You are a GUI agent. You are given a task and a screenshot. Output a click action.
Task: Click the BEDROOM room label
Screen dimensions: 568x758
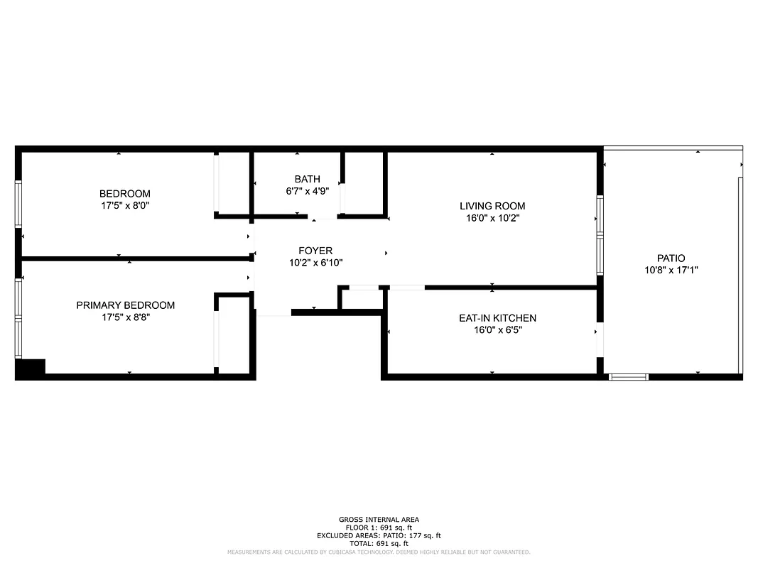[125, 194]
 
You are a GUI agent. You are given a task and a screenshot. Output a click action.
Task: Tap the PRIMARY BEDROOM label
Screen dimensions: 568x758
[125, 305]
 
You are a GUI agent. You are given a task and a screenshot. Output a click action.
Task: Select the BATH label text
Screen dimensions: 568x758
[307, 179]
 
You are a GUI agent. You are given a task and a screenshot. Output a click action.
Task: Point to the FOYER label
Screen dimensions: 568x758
[315, 251]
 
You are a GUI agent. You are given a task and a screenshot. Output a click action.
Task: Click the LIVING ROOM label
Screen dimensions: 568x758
[492, 206]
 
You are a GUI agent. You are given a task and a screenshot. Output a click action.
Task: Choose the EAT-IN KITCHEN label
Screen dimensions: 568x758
[497, 318]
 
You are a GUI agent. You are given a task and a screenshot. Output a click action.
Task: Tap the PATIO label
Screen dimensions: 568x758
[671, 258]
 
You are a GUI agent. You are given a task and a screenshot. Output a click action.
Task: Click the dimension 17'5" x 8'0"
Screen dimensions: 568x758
[125, 205]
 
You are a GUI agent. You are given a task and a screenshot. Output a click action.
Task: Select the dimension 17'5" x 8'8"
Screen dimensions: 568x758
[125, 317]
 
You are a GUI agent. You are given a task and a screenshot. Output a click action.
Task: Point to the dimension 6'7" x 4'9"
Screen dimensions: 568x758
[307, 191]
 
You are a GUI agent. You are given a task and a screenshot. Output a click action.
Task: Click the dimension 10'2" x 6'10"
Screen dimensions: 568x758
[315, 263]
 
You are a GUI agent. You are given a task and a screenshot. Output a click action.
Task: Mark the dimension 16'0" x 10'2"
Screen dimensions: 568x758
[492, 218]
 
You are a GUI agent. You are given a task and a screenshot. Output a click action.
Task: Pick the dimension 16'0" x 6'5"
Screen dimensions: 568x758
[497, 330]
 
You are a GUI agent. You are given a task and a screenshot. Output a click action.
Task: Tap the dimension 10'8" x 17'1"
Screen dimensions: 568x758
[671, 271]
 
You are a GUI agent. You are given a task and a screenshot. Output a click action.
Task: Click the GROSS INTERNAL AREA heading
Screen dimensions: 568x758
[379, 520]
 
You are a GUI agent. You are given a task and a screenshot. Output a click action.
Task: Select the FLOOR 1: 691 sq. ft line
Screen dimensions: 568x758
[379, 528]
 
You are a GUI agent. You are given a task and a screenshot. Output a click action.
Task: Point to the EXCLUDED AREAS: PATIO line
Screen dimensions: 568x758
[379, 535]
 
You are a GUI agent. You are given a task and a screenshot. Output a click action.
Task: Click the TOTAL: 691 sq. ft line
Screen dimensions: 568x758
[379, 543]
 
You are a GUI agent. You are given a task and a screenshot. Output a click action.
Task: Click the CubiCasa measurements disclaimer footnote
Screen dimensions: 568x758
[379, 552]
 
